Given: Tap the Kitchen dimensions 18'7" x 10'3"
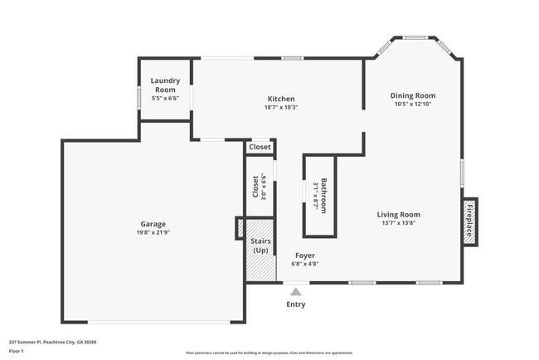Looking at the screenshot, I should pos(281,107).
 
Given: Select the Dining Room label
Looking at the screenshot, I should pos(413,95).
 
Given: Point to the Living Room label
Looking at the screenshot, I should pos(398,214).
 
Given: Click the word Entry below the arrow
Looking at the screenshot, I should pos(295,304).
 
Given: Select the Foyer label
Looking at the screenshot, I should pos(304,255).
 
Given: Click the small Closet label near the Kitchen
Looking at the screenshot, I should pos(260,147).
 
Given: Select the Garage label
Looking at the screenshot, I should pos(153,224).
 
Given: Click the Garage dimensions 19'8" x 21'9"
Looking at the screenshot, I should pos(153,232).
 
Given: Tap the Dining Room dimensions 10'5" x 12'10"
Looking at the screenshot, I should pos(413,105).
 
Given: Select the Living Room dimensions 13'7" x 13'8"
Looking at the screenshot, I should pos(398,223).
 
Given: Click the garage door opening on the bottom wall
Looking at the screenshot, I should pos(153,323).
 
